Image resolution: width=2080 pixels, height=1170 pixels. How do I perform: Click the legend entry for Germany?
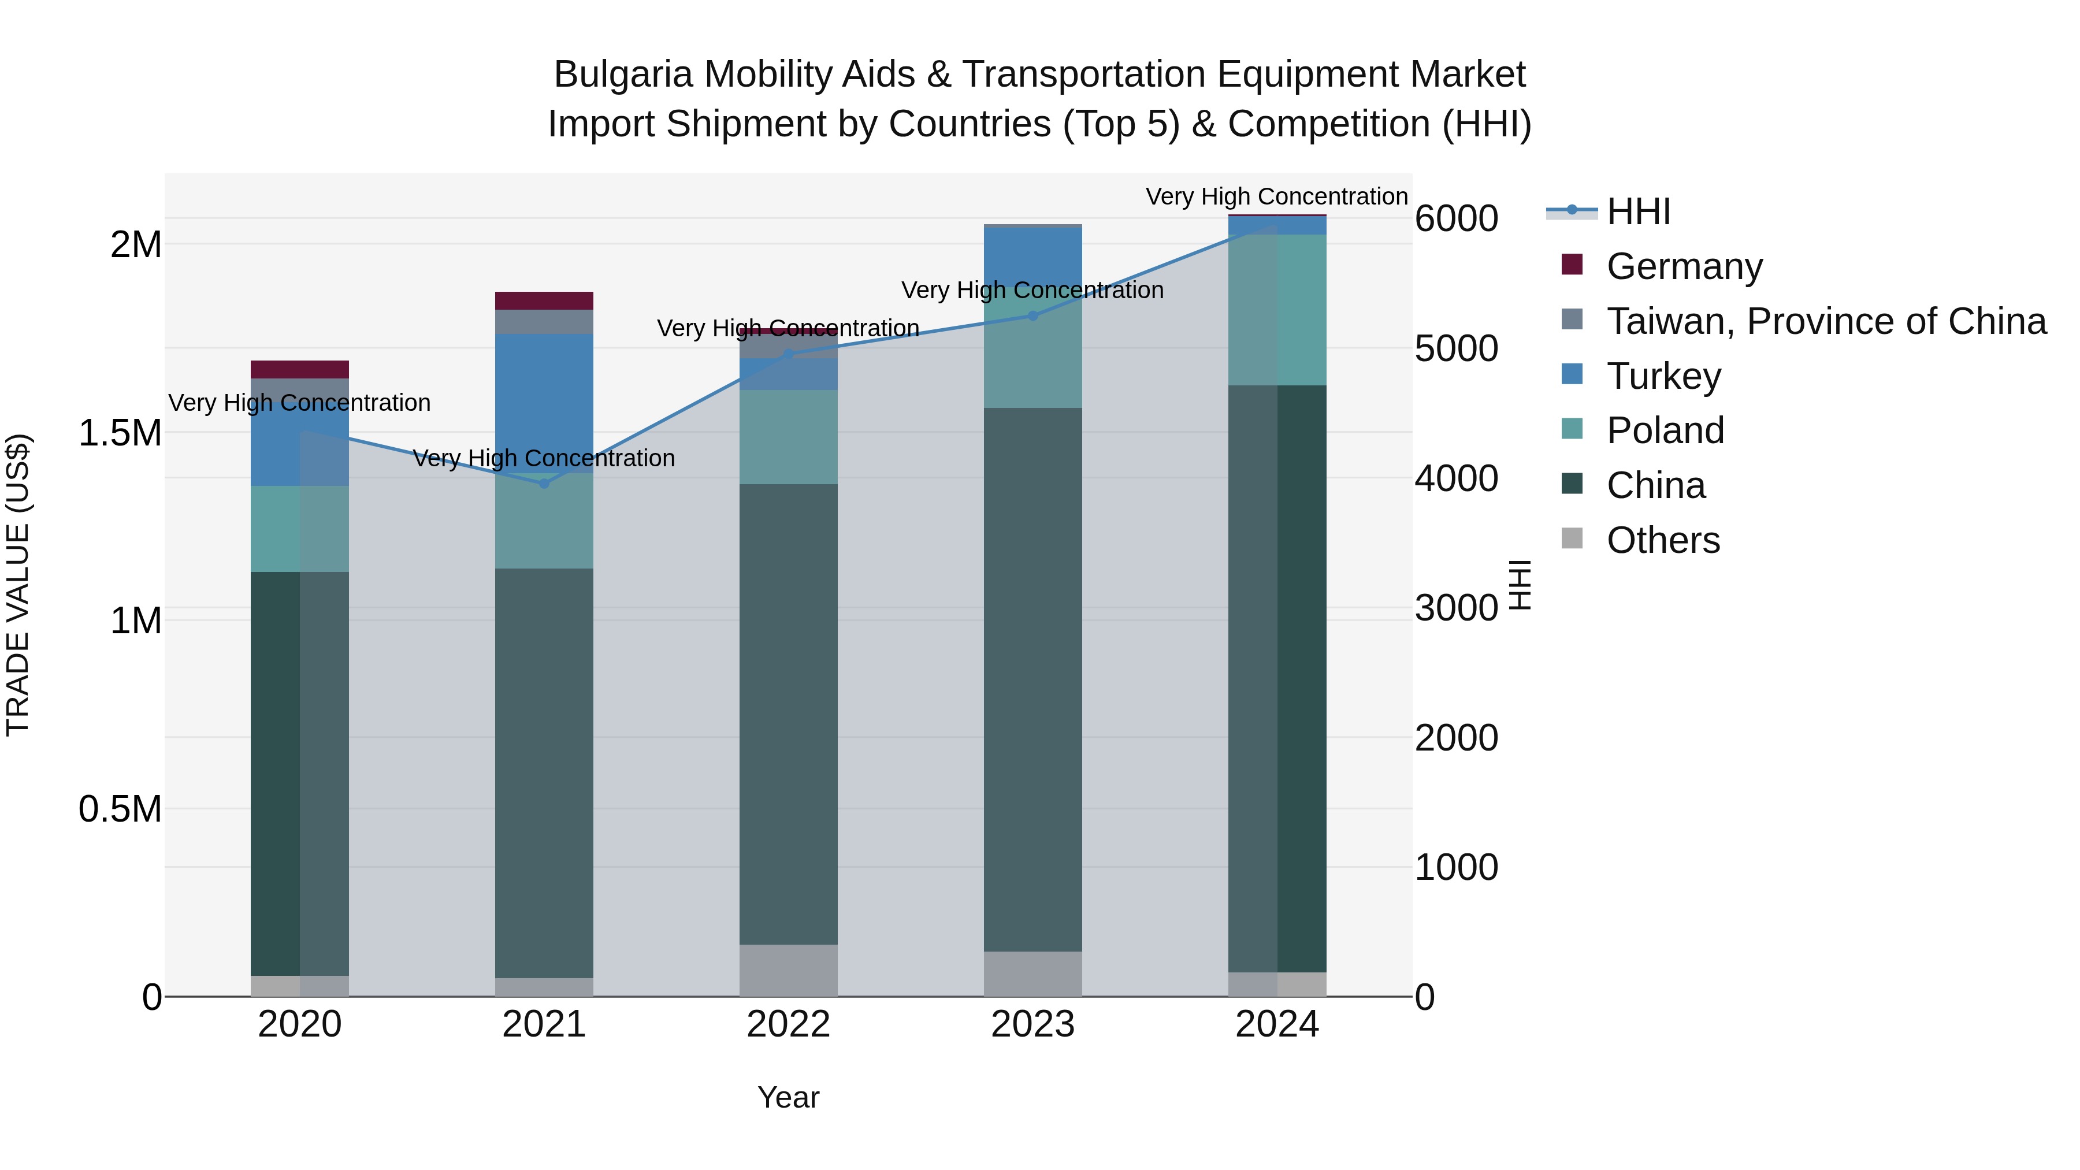pos(1684,266)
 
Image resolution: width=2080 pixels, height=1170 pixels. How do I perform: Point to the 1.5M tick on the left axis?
pos(120,433)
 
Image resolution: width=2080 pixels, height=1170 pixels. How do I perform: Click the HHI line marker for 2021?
pos(544,484)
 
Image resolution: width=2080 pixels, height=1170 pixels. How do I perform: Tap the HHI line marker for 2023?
pos(1032,315)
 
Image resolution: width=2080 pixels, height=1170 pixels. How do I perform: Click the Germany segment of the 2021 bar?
pos(544,300)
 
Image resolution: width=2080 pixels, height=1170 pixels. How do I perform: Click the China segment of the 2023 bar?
pos(1032,679)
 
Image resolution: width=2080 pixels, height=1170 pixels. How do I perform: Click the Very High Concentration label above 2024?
pos(1276,197)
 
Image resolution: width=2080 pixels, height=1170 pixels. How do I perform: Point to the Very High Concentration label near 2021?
pos(544,459)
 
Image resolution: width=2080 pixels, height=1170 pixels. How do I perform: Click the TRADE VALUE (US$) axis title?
pos(18,585)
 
